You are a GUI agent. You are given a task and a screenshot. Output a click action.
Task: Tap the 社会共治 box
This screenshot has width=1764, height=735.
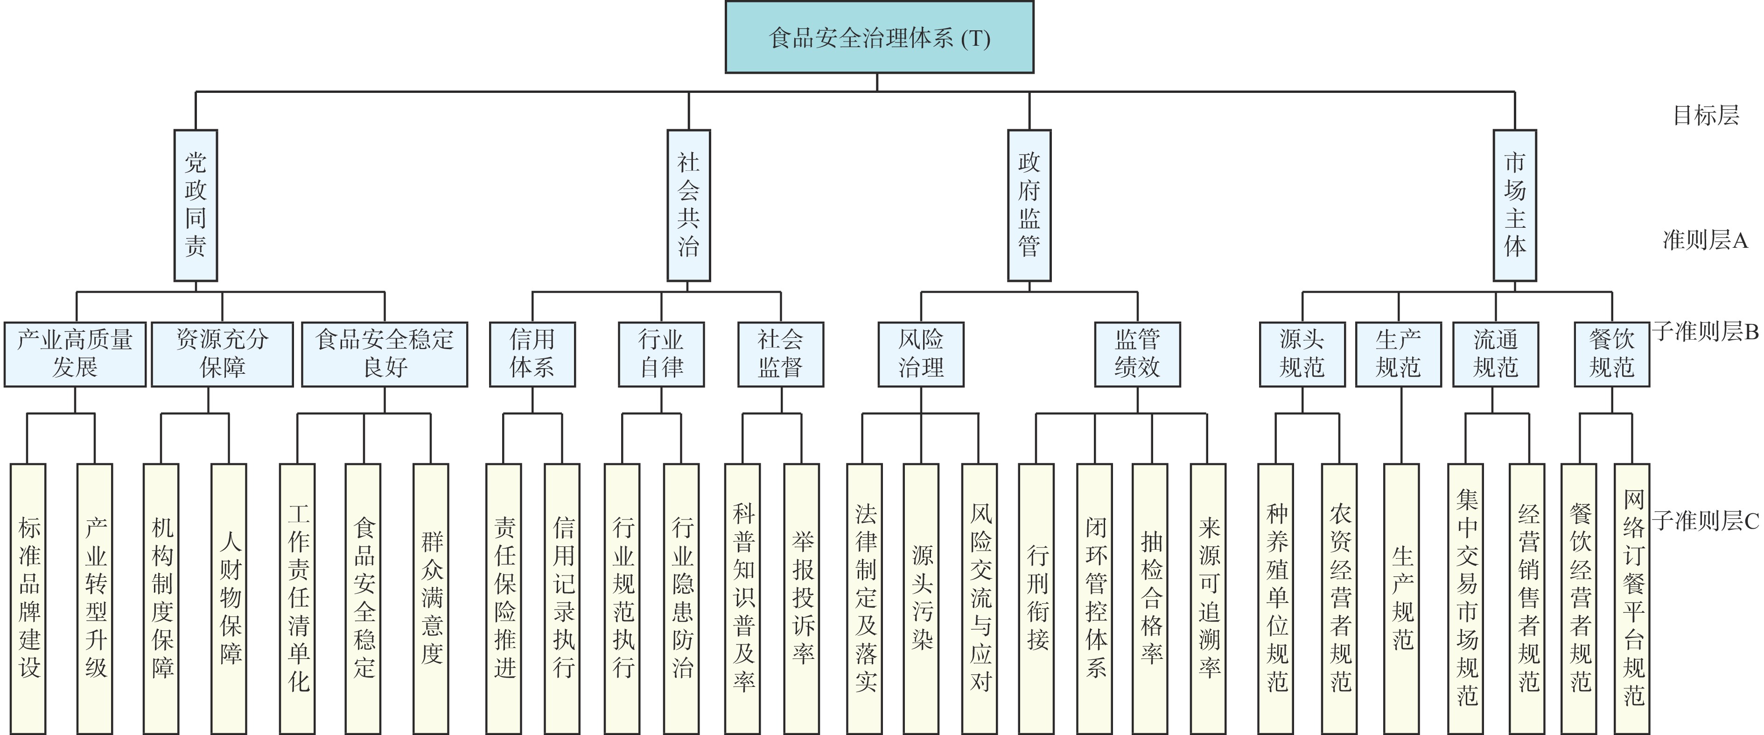pos(688,205)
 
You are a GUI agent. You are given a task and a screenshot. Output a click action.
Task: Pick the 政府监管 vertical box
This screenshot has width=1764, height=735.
pos(1029,205)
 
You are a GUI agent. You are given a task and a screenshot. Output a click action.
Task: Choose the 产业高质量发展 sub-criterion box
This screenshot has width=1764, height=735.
pos(75,354)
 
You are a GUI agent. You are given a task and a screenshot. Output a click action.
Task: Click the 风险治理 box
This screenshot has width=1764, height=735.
pos(921,354)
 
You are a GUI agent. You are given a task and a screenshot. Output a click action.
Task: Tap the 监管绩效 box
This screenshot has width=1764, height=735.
pos(1137,354)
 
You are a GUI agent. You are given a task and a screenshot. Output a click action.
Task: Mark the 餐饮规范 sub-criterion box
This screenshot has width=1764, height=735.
pos(1611,354)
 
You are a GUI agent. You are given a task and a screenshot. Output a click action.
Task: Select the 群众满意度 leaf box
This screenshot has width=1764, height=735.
pos(431,597)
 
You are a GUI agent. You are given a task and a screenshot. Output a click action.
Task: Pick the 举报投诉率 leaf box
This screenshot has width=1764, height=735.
pos(801,597)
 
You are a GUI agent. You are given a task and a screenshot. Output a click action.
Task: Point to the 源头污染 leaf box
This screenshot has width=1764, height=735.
pos(921,597)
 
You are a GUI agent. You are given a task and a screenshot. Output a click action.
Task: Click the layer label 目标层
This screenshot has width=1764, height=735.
pos(1705,115)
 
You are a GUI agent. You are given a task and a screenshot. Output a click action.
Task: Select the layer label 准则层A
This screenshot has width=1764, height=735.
pos(1705,240)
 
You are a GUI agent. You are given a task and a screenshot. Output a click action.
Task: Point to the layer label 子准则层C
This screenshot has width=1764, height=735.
pos(1705,521)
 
